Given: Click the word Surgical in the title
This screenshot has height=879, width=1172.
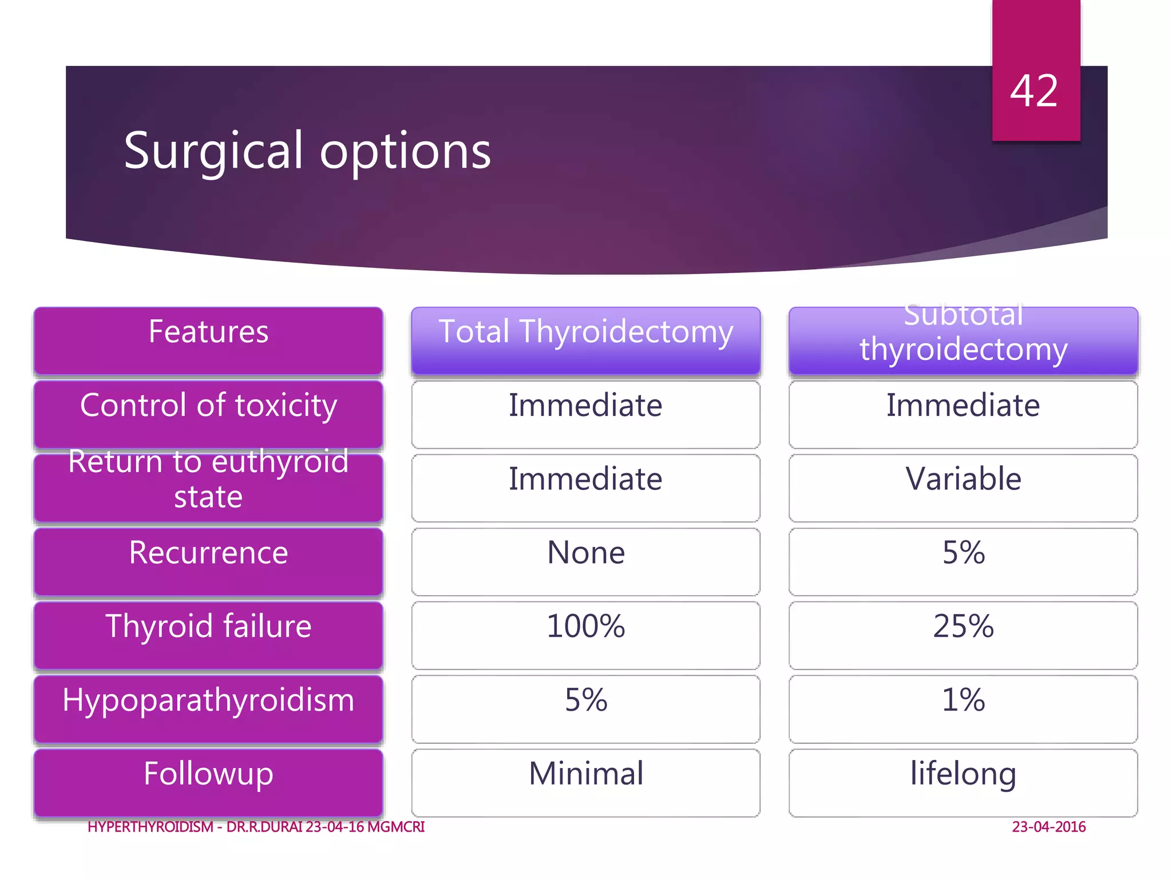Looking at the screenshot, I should pyautogui.click(x=213, y=151).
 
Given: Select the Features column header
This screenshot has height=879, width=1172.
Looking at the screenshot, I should pyautogui.click(x=208, y=340).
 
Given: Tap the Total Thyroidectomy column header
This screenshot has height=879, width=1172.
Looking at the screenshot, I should pyautogui.click(x=585, y=340).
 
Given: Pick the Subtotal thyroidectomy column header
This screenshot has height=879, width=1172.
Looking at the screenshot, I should pyautogui.click(x=963, y=340).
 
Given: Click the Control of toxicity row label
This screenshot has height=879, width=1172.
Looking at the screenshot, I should pyautogui.click(x=208, y=413).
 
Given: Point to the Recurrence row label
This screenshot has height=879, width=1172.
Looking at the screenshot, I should pyautogui.click(x=208, y=560).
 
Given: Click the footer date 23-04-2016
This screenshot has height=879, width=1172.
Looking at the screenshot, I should pyautogui.click(x=1048, y=827).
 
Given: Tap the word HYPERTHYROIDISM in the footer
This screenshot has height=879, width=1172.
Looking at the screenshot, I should pyautogui.click(x=151, y=827).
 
